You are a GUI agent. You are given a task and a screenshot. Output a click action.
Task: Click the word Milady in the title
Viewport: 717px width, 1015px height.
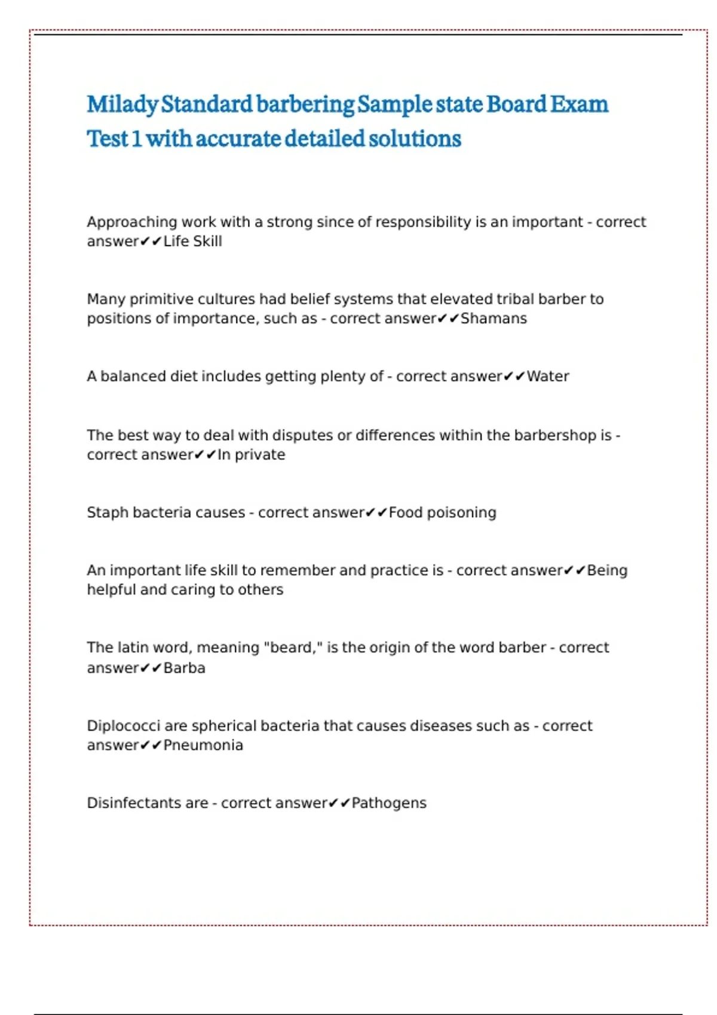click(122, 104)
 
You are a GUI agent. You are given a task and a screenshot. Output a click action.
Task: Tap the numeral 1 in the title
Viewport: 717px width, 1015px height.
click(136, 139)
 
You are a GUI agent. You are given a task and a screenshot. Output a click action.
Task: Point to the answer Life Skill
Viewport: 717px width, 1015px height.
click(192, 241)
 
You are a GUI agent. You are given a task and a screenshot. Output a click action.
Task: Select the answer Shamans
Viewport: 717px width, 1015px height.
click(494, 318)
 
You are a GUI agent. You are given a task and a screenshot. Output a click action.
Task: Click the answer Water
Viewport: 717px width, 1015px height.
click(547, 376)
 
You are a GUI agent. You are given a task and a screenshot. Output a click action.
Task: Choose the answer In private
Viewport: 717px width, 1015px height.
click(251, 454)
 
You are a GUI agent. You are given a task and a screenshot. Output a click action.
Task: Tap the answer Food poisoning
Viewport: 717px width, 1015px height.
click(442, 512)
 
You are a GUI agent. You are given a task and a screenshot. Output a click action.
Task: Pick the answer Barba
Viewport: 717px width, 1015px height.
click(184, 668)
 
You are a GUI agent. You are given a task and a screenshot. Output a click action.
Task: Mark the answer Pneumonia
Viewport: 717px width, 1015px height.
click(203, 745)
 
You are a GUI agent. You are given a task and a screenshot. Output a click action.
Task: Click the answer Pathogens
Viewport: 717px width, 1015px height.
click(389, 803)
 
